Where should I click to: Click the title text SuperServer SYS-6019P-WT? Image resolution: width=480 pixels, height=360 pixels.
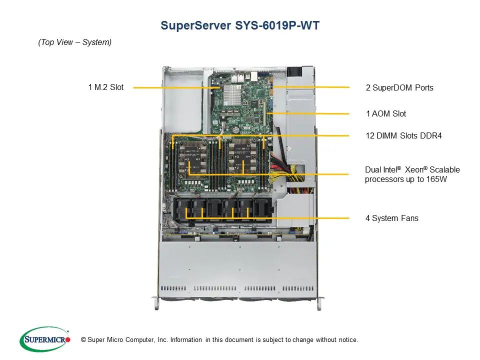239,25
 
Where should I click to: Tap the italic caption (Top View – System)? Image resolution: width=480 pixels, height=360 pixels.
74,42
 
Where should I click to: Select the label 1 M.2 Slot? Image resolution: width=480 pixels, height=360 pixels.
105,87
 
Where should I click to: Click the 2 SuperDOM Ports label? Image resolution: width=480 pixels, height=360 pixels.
399,88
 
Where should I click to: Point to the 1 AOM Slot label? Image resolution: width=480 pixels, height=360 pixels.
385,113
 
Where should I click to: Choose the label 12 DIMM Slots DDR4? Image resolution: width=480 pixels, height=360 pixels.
403,135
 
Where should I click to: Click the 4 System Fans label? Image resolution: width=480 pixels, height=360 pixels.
391,218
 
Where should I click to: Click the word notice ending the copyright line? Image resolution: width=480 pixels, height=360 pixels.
347,340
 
